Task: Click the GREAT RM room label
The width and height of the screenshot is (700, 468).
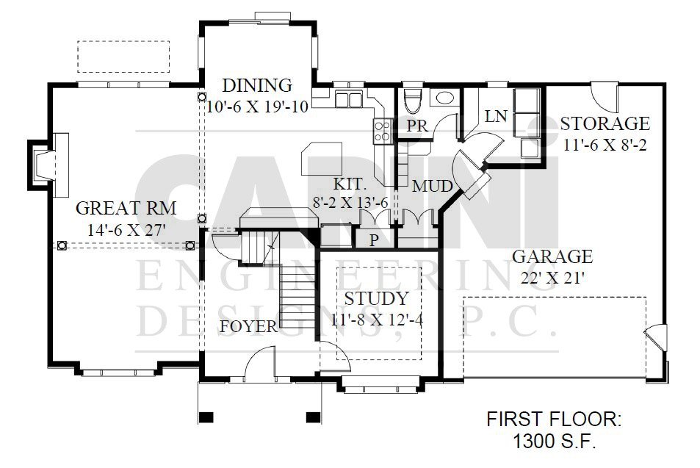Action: pyautogui.click(x=126, y=208)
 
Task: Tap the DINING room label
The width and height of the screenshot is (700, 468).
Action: pyautogui.click(x=257, y=84)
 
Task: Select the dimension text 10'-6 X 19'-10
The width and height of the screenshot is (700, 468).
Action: pyautogui.click(x=257, y=107)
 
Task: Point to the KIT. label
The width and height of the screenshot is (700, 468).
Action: pyautogui.click(x=350, y=184)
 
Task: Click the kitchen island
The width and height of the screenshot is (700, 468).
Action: pyautogui.click(x=322, y=159)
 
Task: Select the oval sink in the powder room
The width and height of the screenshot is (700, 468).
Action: pyautogui.click(x=444, y=98)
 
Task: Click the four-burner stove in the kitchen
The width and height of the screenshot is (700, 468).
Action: pyautogui.click(x=382, y=132)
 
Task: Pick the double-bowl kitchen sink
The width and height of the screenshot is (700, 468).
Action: pyautogui.click(x=348, y=99)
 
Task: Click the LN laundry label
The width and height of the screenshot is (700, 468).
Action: pyautogui.click(x=496, y=117)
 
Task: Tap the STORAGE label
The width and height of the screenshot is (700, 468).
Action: pyautogui.click(x=605, y=123)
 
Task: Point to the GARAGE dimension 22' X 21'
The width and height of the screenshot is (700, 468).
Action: pyautogui.click(x=552, y=278)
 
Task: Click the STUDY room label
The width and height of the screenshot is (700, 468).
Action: pyautogui.click(x=376, y=298)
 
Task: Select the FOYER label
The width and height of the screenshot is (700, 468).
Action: pyautogui.click(x=249, y=326)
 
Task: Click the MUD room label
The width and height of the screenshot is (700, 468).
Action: pyautogui.click(x=432, y=186)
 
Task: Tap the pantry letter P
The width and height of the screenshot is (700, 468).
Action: pyautogui.click(x=374, y=240)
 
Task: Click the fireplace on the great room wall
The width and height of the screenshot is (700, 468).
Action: pyautogui.click(x=48, y=165)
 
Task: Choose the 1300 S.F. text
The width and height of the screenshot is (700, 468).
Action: pyautogui.click(x=554, y=442)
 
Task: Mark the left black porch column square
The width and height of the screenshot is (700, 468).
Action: pyautogui.click(x=206, y=417)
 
